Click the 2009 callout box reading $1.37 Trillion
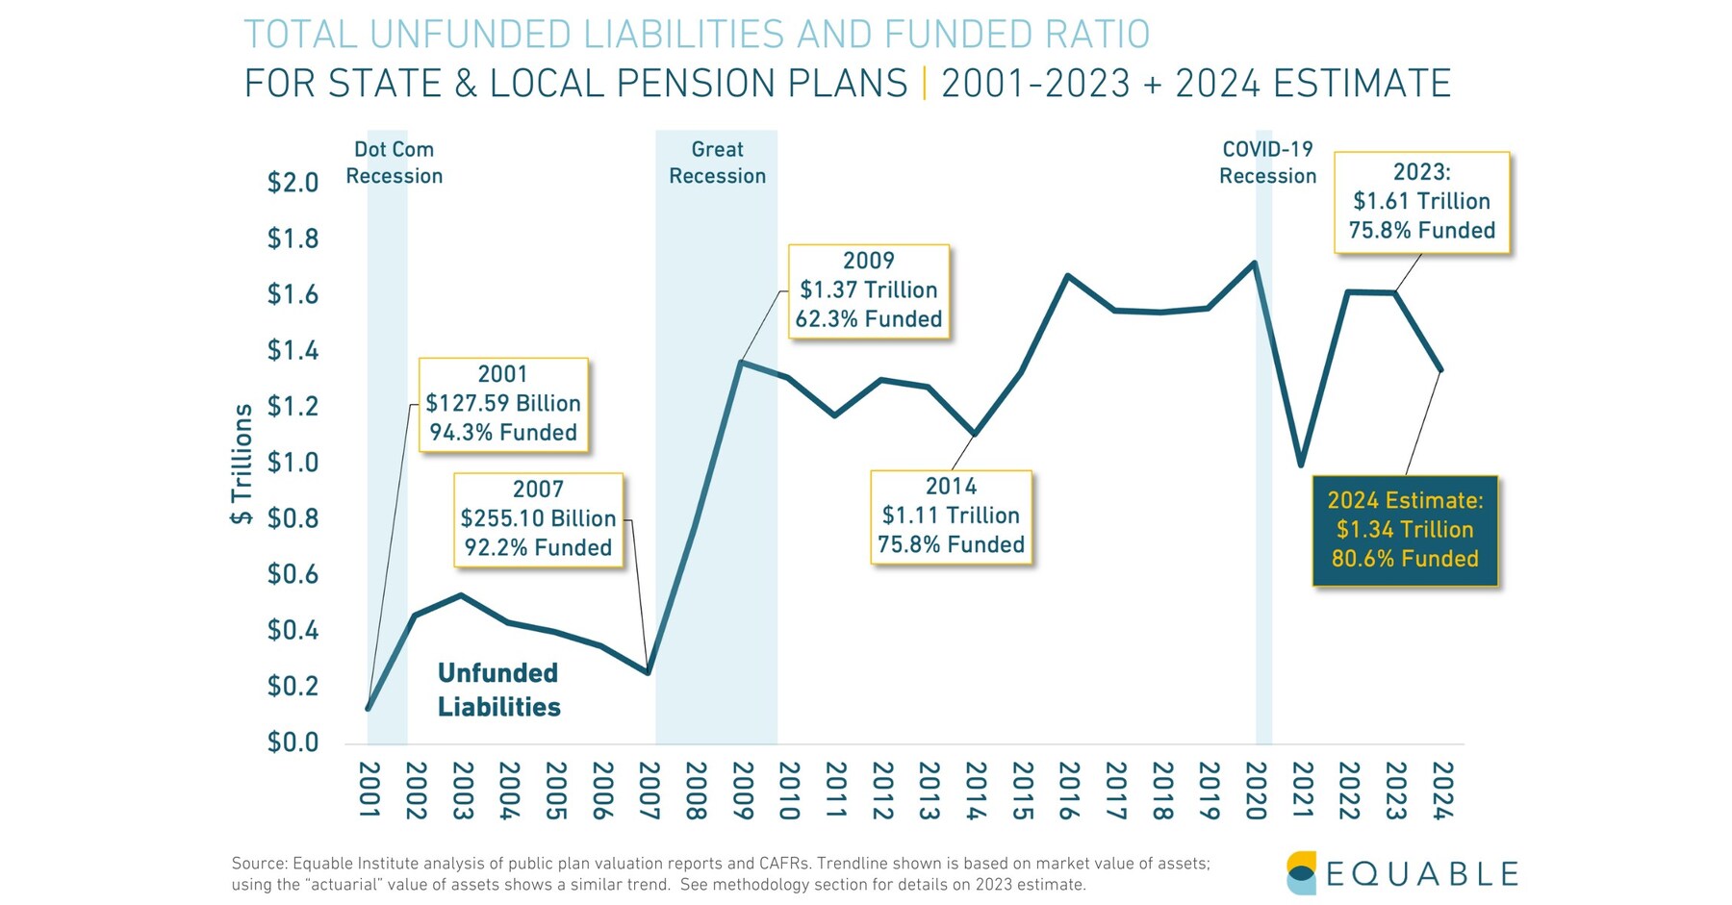click(869, 290)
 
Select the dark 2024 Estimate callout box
click(1405, 530)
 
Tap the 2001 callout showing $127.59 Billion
click(503, 404)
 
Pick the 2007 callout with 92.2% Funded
click(538, 519)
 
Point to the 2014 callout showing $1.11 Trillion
click(951, 516)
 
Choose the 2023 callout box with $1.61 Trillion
click(1421, 202)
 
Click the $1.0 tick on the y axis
click(293, 463)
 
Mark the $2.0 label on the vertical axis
click(293, 182)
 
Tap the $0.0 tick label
click(293, 742)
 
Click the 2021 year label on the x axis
click(1302, 791)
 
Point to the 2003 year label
click(463, 791)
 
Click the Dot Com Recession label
click(394, 163)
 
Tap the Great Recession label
click(717, 163)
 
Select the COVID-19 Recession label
click(1267, 163)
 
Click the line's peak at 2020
click(1255, 263)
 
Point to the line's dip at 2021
click(1301, 465)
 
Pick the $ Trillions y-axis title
click(242, 464)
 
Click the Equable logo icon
click(1301, 872)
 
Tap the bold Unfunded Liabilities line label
click(498, 690)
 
